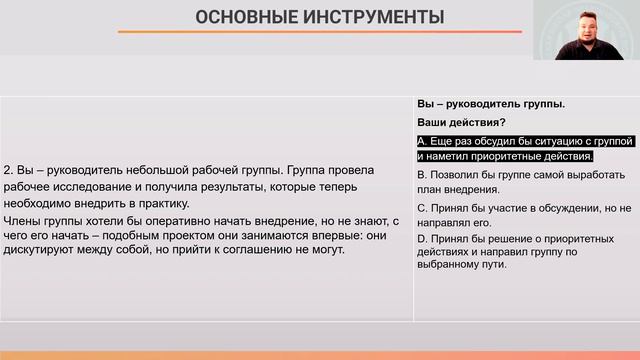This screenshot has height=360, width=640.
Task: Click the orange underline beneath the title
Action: [319, 32]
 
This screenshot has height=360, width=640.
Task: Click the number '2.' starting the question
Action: [9, 169]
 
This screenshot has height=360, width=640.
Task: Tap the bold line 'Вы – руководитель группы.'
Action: [490, 103]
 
